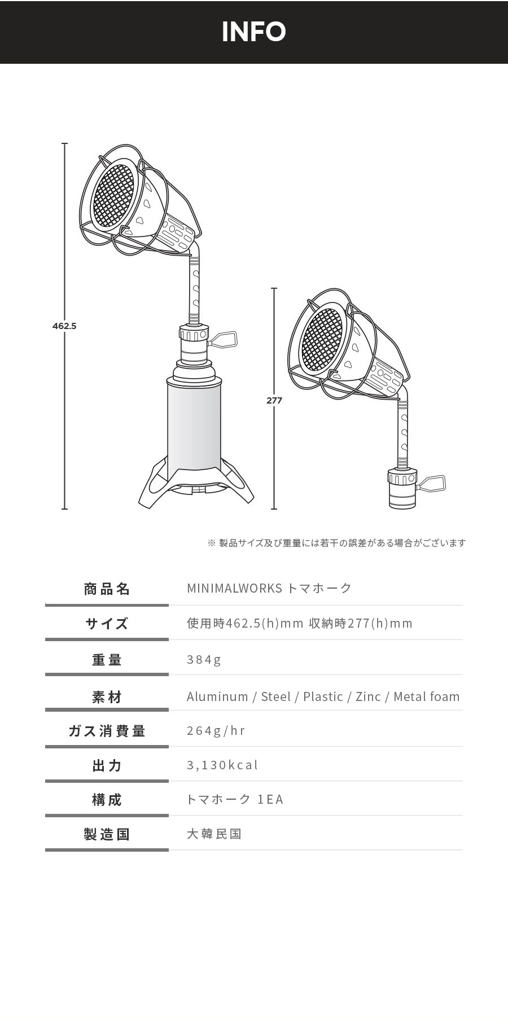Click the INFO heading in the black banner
pos(254,32)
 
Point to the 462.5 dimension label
pos(64,326)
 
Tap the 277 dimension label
pos(274,400)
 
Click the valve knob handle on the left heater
pos(224,340)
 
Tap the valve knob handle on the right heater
pos(432,484)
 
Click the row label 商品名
pos(107,589)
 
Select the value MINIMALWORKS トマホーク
pos(269,588)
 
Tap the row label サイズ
pos(107,624)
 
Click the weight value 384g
pos(204,659)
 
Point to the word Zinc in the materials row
pos(368,696)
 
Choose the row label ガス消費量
pos(107,731)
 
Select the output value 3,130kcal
pos(222,765)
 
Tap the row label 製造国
pos(107,834)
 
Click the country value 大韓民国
pos(214,834)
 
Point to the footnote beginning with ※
pos(337,543)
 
